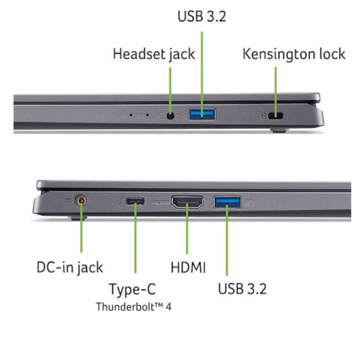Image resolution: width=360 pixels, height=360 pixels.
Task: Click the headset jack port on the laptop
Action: pos(171,116)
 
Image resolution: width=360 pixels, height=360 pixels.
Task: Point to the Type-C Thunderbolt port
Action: pos(135,202)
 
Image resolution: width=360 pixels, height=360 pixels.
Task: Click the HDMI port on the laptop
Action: pos(187,202)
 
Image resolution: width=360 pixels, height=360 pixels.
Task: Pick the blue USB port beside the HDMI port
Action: pos(227,202)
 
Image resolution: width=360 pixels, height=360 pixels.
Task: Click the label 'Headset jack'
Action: pos(154,54)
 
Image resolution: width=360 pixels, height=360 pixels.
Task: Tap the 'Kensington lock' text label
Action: pos(294,54)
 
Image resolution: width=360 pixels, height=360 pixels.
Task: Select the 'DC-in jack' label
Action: pos(70,267)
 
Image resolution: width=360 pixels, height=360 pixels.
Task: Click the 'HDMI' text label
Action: pos(188,268)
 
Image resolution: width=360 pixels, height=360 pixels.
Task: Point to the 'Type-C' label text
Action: pos(132,289)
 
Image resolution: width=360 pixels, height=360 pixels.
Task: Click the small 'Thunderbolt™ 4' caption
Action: pos(134,307)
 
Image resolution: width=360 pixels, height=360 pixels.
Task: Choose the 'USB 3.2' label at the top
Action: pos(201,17)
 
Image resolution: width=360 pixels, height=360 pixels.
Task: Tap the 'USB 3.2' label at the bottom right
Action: pos(242,289)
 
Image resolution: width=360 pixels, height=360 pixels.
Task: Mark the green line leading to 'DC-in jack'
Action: pos(82,232)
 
